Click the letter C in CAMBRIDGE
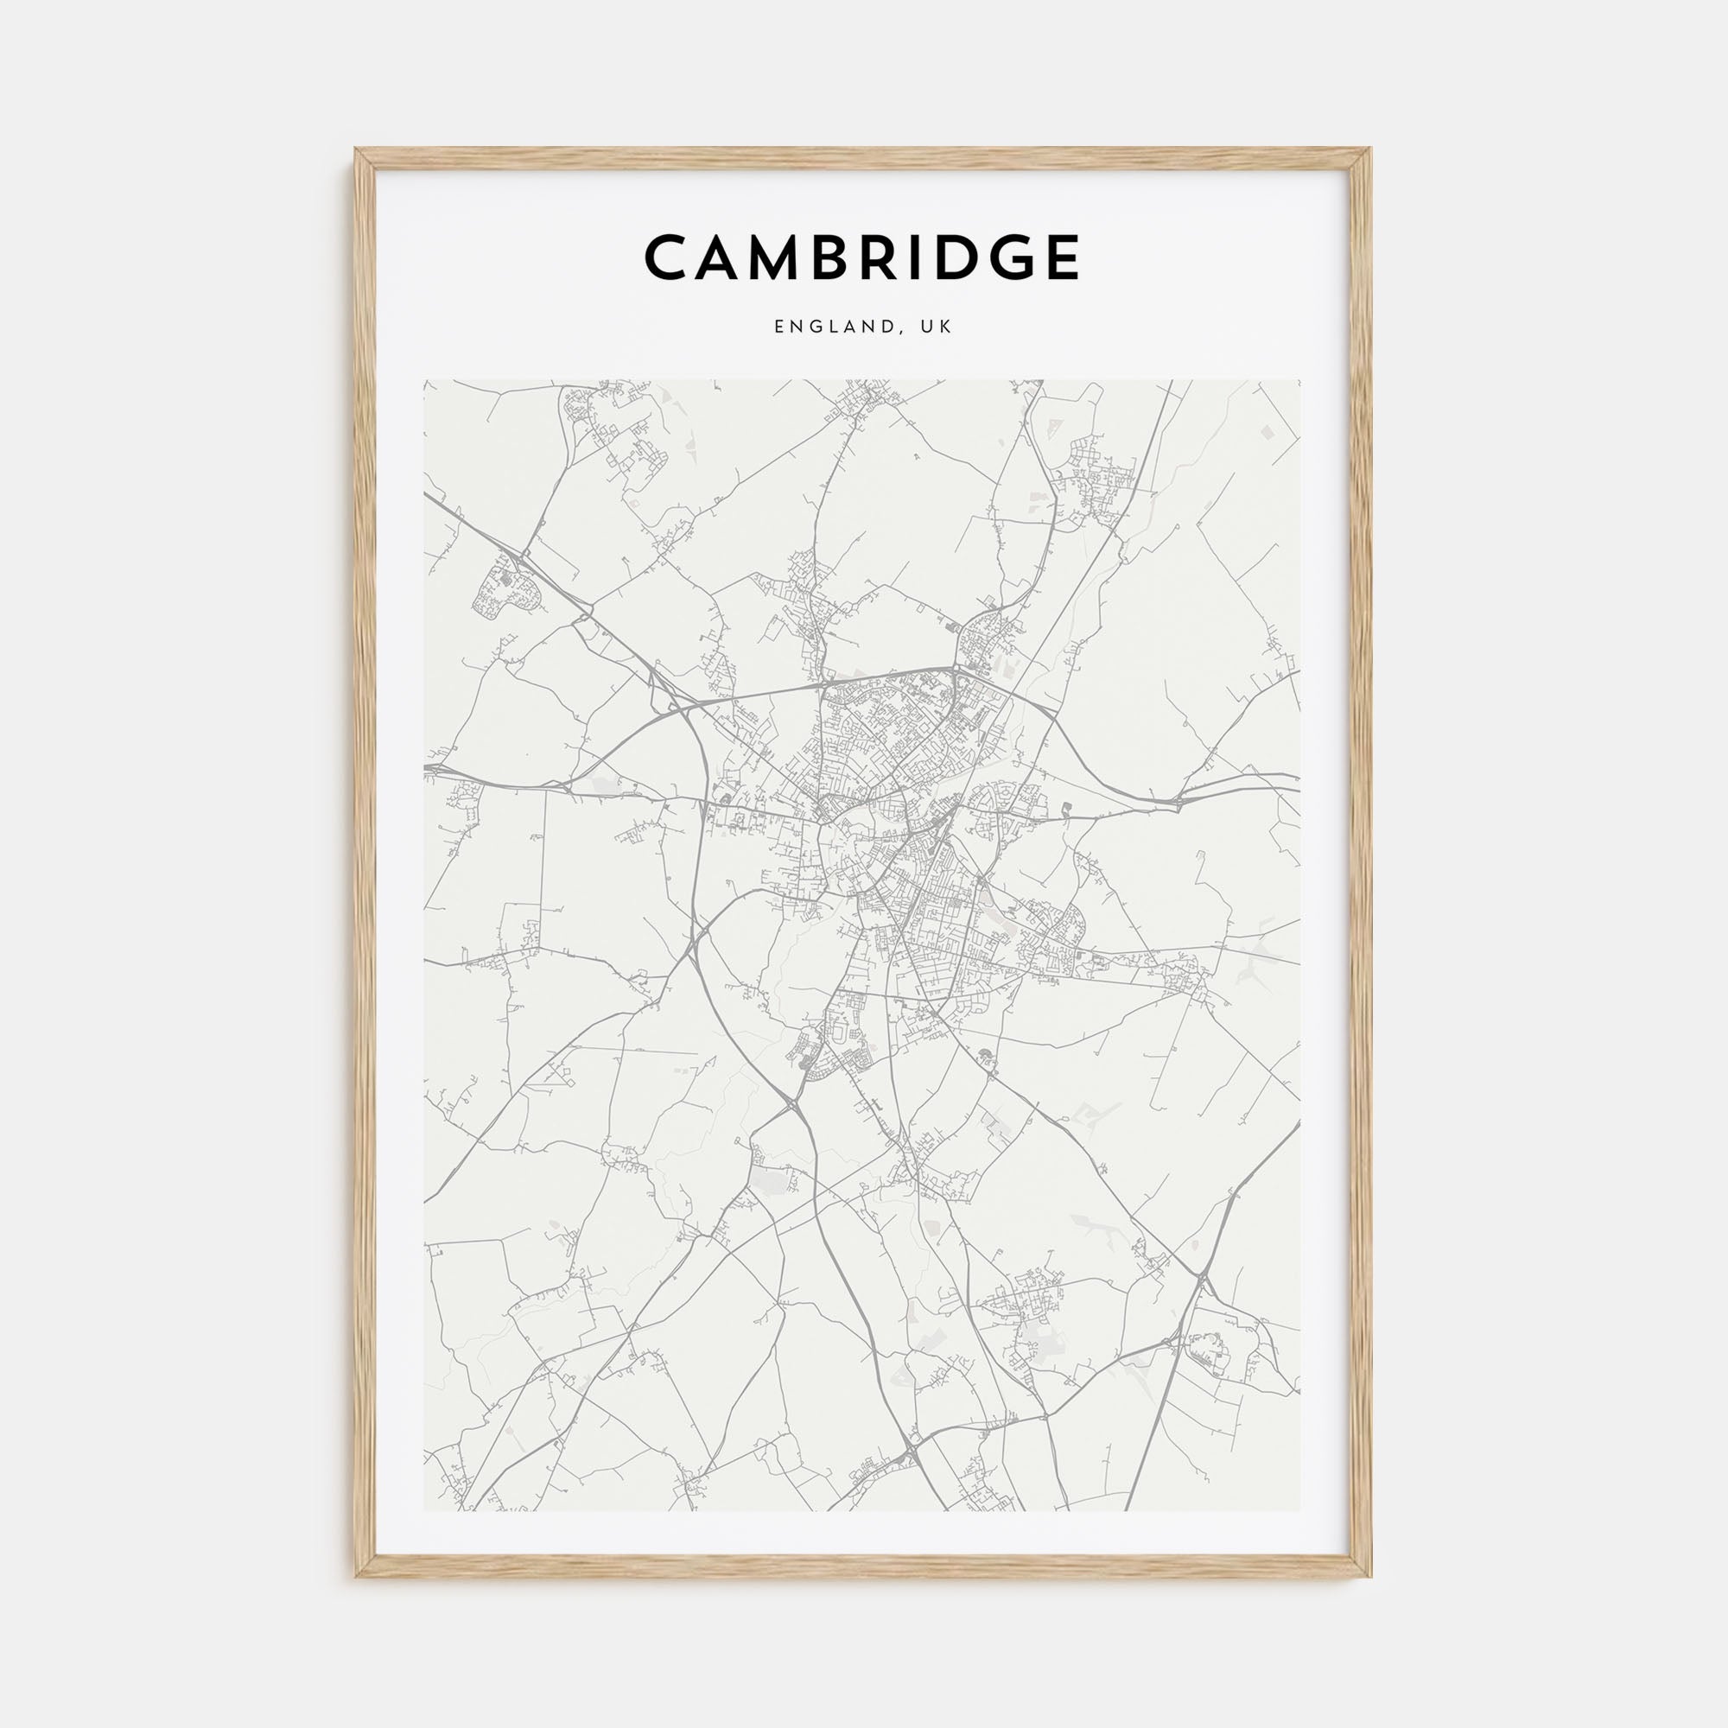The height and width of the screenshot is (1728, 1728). (x=667, y=257)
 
